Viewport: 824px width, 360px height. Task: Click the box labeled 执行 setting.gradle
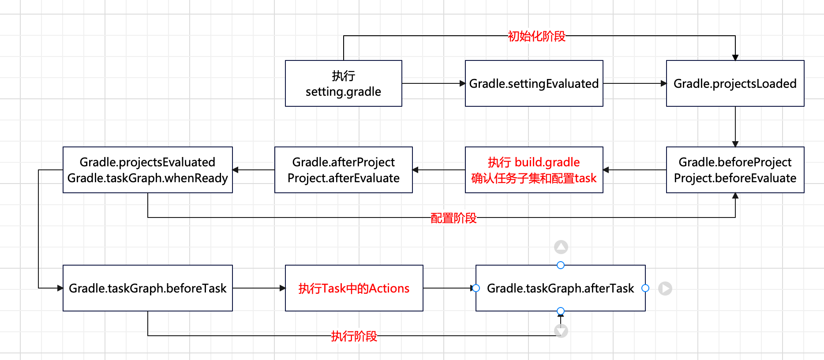[x=343, y=83]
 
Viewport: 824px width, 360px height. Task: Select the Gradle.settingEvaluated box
[x=534, y=83]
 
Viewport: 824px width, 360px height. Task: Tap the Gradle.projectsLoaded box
[x=735, y=83]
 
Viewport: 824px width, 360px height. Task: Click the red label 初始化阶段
[x=536, y=36]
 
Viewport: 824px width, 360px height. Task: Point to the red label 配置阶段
[x=453, y=218]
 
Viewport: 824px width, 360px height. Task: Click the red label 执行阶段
[x=354, y=336]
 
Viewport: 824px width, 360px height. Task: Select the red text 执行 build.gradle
[x=534, y=162]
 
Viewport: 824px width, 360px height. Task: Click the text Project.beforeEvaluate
[x=735, y=178]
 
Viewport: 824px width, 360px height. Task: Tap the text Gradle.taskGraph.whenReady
[x=147, y=178]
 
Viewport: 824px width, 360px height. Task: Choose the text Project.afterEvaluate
[x=343, y=178]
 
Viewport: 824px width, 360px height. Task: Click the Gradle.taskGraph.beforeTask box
[x=147, y=288]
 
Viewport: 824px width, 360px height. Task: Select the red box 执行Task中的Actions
[x=354, y=288]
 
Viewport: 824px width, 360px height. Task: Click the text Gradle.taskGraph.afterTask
[x=560, y=289]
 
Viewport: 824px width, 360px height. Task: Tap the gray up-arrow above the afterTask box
[x=561, y=247]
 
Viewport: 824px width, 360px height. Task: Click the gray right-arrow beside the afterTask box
[x=665, y=289]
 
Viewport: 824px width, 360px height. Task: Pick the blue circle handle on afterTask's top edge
[x=561, y=265]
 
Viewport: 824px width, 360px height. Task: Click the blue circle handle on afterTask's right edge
[x=645, y=288]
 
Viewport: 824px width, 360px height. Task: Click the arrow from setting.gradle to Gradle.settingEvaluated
[x=433, y=83]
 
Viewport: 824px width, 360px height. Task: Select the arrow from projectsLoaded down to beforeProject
[x=735, y=126]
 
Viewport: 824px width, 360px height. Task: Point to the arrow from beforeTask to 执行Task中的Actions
[x=258, y=288]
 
